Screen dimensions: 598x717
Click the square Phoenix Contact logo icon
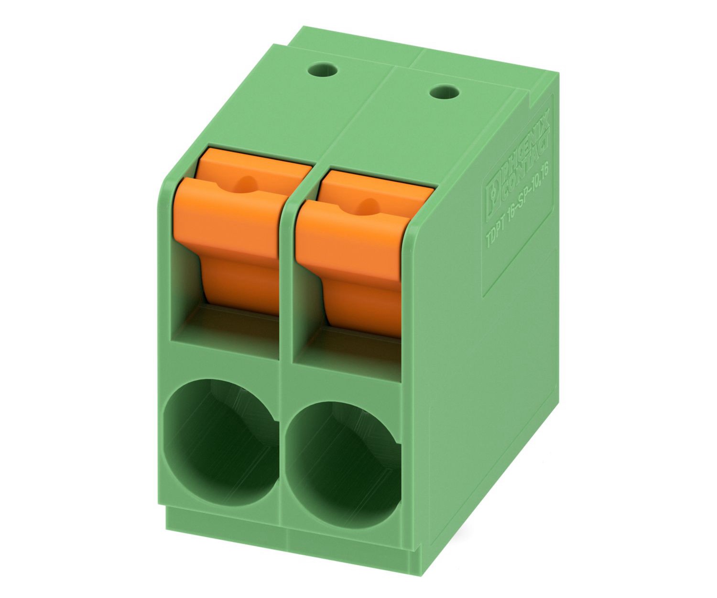(493, 199)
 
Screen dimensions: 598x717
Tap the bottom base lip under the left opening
(225, 524)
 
